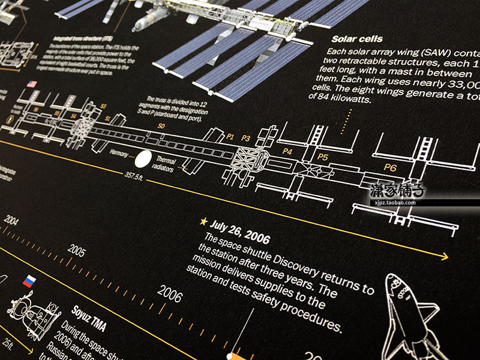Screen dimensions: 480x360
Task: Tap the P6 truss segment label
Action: [390, 168]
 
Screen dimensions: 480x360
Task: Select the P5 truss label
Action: [323, 157]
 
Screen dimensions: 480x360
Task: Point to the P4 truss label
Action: [287, 151]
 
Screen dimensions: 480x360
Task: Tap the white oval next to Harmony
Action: [143, 159]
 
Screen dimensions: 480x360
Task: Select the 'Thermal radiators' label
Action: [166, 164]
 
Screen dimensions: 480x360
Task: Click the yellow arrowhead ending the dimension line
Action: [445, 257]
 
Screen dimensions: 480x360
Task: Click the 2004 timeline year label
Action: [11, 220]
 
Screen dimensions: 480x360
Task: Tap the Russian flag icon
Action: [28, 281]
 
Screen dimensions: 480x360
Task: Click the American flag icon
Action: [31, 84]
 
